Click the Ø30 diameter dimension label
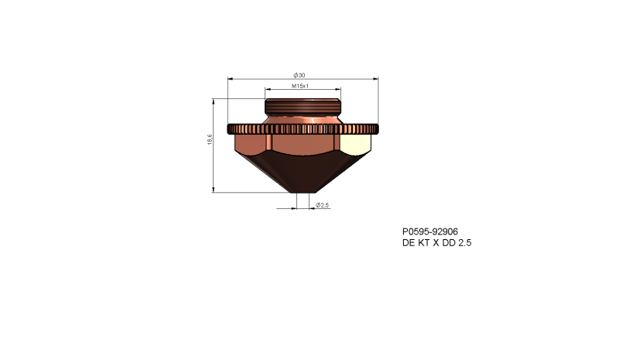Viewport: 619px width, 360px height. coord(300,74)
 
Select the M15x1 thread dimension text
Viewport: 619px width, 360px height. coord(300,86)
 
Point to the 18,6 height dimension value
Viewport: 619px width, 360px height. coord(210,139)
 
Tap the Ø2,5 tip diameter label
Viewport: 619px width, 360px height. coord(323,205)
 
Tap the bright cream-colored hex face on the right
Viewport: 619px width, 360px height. coord(355,144)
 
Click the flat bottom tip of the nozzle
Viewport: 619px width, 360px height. coord(303,191)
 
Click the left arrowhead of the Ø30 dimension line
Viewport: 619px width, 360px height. coord(230,78)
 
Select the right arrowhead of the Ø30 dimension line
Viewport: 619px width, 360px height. coord(374,78)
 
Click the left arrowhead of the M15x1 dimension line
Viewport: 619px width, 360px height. coord(267,90)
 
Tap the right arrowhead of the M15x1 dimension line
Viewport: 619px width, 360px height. coord(337,90)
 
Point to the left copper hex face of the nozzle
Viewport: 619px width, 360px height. coord(250,145)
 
